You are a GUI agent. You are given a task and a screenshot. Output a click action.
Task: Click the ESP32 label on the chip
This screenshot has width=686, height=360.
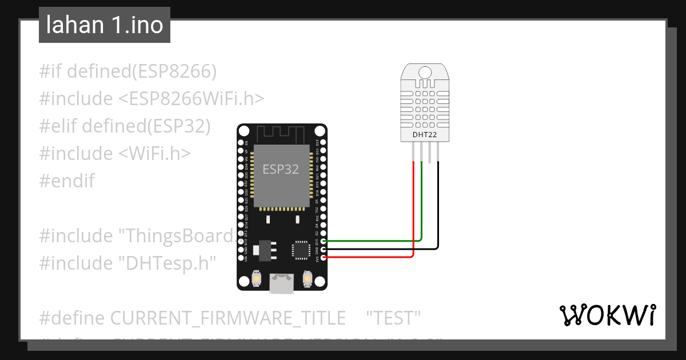point(281,169)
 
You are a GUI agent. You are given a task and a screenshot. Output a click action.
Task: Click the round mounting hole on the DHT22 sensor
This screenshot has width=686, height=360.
point(425,72)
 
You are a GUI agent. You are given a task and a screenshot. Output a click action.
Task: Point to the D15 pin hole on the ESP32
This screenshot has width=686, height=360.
point(324,241)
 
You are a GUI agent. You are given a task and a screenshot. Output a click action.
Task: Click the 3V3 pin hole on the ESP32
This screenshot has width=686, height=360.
point(324,258)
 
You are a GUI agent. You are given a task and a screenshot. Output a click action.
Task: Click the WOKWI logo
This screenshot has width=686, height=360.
point(607,315)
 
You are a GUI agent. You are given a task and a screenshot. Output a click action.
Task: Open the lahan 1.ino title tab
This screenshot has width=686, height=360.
point(105,25)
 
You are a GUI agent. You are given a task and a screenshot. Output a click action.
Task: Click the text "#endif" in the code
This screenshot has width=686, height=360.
point(67,181)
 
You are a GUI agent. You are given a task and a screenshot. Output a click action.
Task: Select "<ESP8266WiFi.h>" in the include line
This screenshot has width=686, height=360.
point(192,99)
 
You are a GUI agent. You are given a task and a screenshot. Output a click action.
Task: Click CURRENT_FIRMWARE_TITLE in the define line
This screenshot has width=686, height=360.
point(228,317)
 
